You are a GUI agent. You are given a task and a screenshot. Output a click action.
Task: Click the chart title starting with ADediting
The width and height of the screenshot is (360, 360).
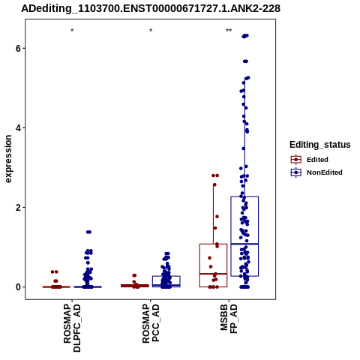[x=151, y=8]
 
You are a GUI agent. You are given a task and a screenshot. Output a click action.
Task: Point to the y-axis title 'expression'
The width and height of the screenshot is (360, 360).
[x=8, y=159]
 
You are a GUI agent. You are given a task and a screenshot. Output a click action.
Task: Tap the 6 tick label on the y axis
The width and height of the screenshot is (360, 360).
[x=18, y=48]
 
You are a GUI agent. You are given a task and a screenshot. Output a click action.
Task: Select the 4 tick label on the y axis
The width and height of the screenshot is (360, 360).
[x=18, y=128]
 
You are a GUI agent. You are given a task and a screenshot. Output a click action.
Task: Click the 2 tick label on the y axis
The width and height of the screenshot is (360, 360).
[x=18, y=208]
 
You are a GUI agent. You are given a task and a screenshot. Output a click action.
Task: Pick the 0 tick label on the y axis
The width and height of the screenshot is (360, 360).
[x=18, y=287]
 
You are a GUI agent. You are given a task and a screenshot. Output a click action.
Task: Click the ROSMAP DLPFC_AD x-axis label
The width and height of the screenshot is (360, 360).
[x=72, y=328]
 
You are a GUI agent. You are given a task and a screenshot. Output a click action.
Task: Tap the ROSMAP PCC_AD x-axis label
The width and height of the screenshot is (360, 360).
[x=151, y=323]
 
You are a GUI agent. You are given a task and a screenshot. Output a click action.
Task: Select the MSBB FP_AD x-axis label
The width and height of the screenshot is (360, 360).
[x=229, y=319]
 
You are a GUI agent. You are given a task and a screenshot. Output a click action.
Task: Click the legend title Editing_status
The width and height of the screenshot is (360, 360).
[x=320, y=145]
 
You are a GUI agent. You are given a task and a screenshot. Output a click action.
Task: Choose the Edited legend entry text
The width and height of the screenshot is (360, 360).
[x=317, y=160]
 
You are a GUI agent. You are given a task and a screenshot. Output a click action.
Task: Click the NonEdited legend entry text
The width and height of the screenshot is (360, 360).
[x=325, y=172]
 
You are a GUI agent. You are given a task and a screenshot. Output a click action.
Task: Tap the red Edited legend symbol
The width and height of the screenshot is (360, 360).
[x=296, y=160]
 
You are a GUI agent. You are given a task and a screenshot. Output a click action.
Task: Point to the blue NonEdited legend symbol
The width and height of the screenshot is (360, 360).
[x=296, y=172]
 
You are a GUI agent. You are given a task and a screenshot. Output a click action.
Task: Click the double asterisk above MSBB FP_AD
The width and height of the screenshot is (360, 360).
[x=229, y=31]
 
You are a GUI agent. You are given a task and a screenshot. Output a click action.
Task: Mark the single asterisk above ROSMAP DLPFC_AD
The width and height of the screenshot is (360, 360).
[x=72, y=31]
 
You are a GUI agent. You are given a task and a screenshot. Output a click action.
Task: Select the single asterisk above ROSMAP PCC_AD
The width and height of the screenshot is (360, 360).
[x=151, y=31]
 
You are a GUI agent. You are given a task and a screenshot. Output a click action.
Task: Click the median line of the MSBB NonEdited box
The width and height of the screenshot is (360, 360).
[x=244, y=244]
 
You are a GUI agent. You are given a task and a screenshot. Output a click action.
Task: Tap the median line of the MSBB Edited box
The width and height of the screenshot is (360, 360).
[x=213, y=274]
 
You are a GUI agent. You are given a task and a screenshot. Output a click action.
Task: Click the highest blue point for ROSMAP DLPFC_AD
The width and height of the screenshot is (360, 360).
[x=88, y=232]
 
